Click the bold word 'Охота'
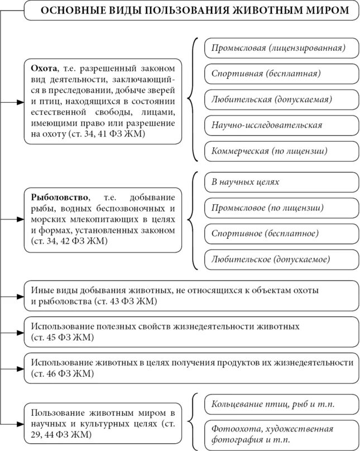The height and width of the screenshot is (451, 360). point(44,68)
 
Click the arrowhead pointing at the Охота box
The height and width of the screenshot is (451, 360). point(21,103)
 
